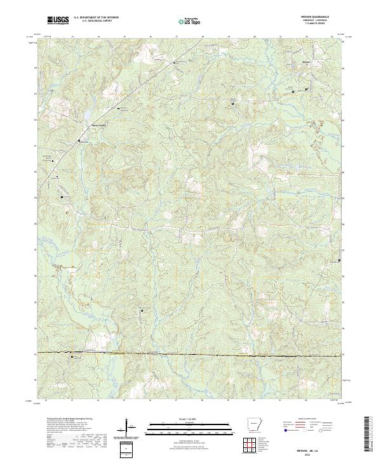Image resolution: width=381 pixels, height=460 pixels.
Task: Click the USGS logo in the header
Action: tap(58, 20)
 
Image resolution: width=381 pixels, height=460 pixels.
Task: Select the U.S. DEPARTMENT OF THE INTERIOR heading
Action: tap(97, 18)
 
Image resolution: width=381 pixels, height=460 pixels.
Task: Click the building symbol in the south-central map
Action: tap(141, 312)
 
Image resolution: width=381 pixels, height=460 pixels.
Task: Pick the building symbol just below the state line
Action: tap(72, 357)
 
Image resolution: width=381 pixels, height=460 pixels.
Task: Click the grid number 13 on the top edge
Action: tap(72, 37)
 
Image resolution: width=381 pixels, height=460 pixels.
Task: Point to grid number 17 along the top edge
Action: tap(176, 37)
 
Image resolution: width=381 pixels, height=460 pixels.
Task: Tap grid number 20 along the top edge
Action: tap(254, 37)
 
